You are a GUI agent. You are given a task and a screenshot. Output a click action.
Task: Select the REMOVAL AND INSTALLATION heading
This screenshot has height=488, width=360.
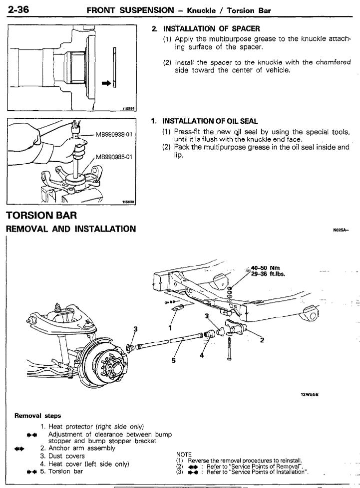click(x=70, y=229)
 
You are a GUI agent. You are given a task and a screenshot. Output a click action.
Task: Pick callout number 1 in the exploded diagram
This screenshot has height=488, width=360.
click(x=170, y=329)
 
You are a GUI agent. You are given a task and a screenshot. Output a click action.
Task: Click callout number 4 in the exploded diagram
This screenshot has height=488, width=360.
click(x=202, y=355)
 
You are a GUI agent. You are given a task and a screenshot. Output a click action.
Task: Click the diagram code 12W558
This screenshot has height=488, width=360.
click(x=310, y=394)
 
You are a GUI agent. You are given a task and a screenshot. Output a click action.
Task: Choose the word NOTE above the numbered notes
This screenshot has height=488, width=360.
click(x=184, y=455)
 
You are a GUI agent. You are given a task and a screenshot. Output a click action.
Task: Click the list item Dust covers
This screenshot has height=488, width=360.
click(x=69, y=456)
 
